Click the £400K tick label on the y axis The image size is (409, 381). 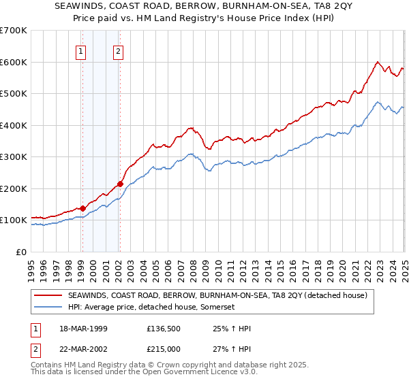point(14,125)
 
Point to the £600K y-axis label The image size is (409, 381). point(14,62)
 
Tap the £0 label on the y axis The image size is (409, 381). point(21,252)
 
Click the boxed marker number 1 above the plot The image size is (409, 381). point(81,50)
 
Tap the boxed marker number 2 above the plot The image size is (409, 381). point(119,50)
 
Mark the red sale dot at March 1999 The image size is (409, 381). point(82,208)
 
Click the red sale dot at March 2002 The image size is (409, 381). point(120,184)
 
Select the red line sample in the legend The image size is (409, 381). point(48,295)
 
